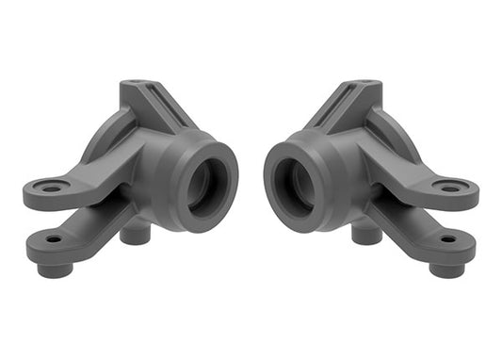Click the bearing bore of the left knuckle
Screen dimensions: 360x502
206,183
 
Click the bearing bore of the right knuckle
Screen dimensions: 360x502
294,183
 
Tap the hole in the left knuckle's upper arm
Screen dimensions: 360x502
51,188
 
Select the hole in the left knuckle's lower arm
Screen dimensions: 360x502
54,240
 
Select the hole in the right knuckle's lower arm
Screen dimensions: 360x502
447,239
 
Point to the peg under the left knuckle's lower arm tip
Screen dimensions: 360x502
56,269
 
